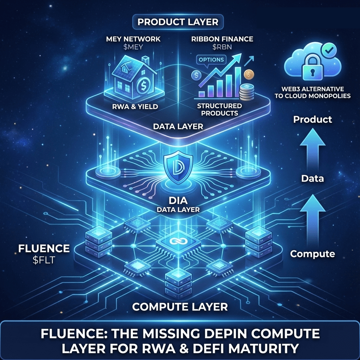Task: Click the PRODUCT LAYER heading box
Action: (178, 22)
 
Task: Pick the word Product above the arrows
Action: (313, 120)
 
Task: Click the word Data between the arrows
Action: (313, 179)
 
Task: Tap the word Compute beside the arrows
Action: (313, 253)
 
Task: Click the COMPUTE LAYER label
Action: (180, 306)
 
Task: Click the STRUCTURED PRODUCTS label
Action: (220, 109)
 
